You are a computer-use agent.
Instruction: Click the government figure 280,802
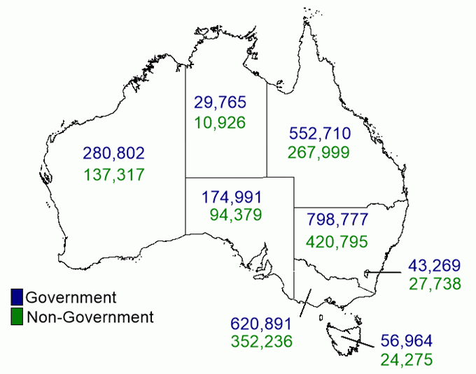(x=113, y=152)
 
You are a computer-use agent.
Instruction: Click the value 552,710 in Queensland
(x=319, y=132)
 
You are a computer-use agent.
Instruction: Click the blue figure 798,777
(x=337, y=220)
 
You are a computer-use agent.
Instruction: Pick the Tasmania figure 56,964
(x=407, y=341)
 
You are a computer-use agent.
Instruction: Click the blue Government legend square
(x=17, y=296)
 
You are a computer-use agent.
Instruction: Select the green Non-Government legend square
(x=17, y=317)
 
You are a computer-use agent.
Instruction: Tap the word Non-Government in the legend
(x=90, y=317)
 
